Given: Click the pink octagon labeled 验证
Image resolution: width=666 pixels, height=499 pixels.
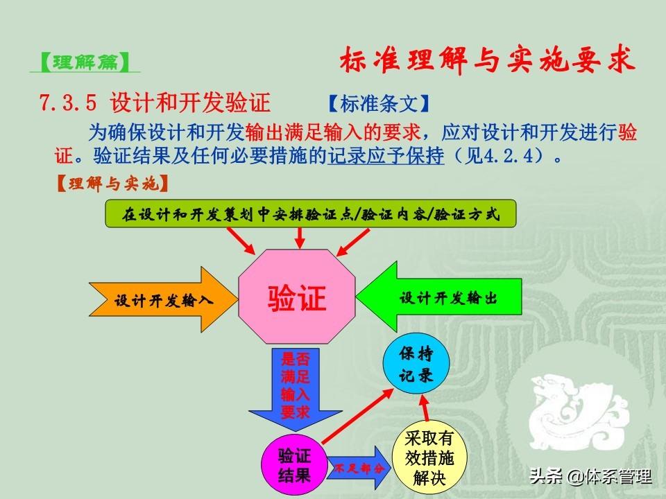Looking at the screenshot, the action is pos(296,297).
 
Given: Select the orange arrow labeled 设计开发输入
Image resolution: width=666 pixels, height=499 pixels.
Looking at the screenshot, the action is pos(163,299).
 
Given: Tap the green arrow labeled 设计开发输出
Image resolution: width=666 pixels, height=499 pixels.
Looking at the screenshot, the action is pos(439,297).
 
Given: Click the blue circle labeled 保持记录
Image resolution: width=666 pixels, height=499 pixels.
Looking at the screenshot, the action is pos(416,363).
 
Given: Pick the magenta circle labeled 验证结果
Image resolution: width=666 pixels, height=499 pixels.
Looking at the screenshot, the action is pos(294,465).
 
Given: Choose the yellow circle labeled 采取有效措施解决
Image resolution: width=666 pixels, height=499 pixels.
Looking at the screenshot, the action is pos(429,457).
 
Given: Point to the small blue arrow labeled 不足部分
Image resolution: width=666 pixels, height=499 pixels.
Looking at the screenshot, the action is pos(359,468).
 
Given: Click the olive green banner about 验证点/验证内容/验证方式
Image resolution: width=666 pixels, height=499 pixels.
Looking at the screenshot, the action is pos(311,214).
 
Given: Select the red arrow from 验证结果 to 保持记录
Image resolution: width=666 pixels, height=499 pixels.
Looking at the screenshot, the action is pos(358,417).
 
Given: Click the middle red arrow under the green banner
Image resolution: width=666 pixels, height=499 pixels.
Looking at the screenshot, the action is pos(300,238).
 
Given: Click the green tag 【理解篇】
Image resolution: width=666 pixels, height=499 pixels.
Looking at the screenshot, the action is pos(85,62).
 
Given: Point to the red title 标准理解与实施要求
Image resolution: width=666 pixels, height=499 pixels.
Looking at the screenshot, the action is pos(487,60).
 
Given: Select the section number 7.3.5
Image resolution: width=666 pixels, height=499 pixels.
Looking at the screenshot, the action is pos(68,103).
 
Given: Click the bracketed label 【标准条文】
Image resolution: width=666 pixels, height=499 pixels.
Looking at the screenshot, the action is pos(379,103).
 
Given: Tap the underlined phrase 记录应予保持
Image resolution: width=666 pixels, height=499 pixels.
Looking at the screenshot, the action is pos(386,156).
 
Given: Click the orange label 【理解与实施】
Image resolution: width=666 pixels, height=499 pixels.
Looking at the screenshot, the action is pos(112,184).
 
